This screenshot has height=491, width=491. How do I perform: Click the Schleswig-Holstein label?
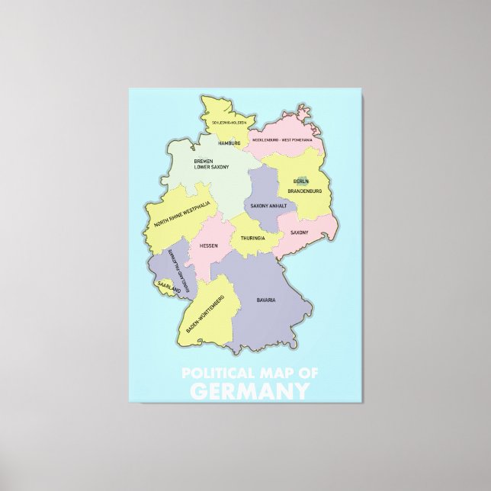tap(218, 122)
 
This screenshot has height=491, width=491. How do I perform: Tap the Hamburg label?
tap(229, 143)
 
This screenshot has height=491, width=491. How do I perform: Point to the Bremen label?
tap(204, 162)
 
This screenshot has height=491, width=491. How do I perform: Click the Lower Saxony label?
tap(212, 168)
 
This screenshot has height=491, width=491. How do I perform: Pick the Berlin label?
tap(301, 181)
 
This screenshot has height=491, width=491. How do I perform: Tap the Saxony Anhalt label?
tap(269, 206)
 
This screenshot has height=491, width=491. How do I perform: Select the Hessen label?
tap(209, 245)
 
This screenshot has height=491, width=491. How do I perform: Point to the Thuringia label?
tap(252, 239)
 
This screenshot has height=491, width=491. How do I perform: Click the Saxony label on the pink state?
tap(299, 232)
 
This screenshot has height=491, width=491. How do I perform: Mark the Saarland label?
tap(168, 288)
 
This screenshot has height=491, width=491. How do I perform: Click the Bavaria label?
tap(266, 300)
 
